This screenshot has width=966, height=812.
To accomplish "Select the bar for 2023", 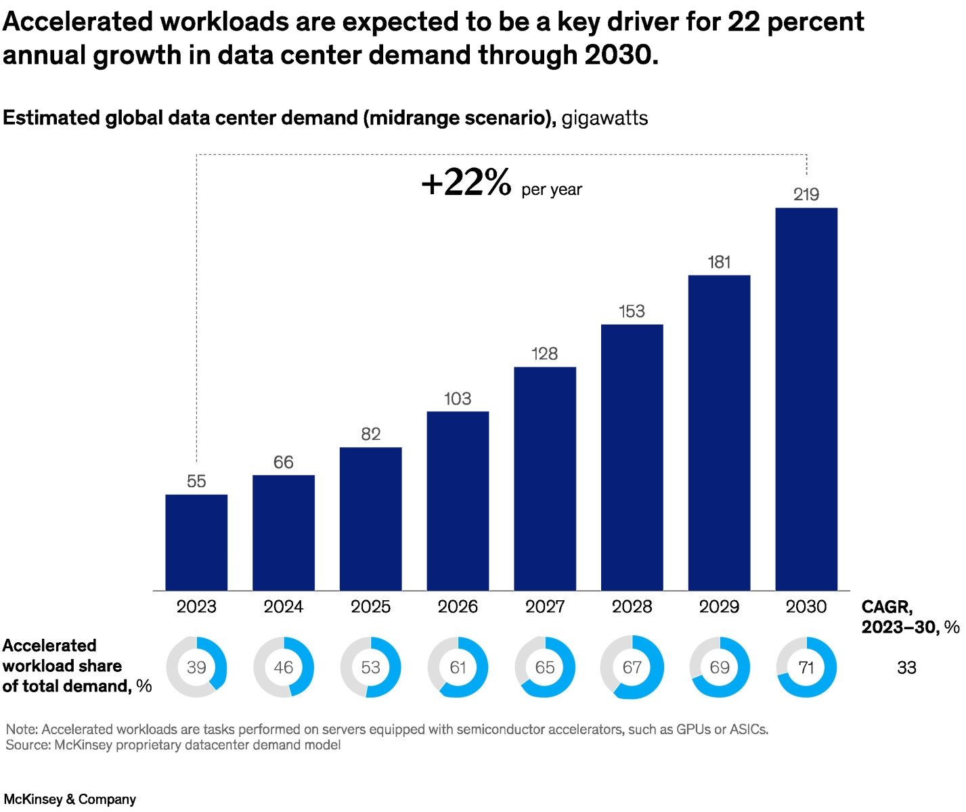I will tap(196, 542).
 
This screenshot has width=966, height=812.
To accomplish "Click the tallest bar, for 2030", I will tap(806, 399).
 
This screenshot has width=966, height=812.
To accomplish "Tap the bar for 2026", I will tap(458, 501).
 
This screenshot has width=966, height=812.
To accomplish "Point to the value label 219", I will tap(806, 195).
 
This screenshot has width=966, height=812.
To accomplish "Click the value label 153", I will tap(632, 311).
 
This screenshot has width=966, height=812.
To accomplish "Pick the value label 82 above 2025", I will tap(371, 434).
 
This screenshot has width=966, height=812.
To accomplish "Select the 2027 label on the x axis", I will tap(545, 606).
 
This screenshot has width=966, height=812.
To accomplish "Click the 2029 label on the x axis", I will tap(719, 606).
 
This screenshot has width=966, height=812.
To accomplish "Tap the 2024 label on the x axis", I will tap(284, 606).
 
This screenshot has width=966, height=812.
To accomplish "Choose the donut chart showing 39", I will tap(196, 667).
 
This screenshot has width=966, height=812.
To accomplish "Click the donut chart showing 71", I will tap(806, 667).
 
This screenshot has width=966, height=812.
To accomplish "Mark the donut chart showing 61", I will tap(458, 667).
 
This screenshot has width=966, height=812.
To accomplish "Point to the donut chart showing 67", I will tap(632, 667).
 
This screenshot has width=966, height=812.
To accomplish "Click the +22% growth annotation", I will tap(466, 183).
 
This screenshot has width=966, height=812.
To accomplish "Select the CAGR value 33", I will tap(906, 668).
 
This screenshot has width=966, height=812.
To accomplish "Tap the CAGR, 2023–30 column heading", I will tap(909, 616).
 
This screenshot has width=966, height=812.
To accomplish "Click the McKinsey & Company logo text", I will tap(70, 799).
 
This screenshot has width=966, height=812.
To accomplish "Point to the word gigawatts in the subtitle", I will tap(605, 118).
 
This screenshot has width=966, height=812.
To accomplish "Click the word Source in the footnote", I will tap(27, 745).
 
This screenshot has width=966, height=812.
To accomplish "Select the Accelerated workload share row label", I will tap(76, 666).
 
